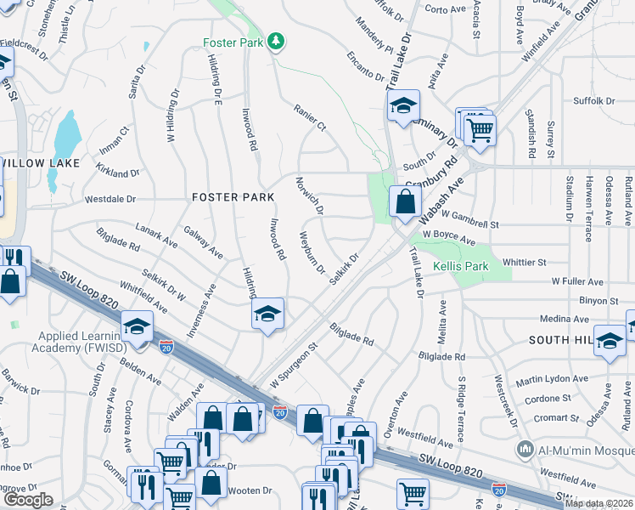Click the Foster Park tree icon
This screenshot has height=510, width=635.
[x=275, y=41]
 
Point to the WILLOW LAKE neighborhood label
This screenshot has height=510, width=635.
[x=40, y=162]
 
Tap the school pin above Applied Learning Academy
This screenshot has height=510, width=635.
[x=137, y=325]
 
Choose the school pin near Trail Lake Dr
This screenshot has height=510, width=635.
[x=404, y=105]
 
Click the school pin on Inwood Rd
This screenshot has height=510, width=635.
[x=267, y=314]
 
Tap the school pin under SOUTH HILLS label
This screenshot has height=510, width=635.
[x=609, y=341]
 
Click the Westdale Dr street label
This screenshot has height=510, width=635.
[x=110, y=200]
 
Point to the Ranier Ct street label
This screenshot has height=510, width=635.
[x=310, y=118]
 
